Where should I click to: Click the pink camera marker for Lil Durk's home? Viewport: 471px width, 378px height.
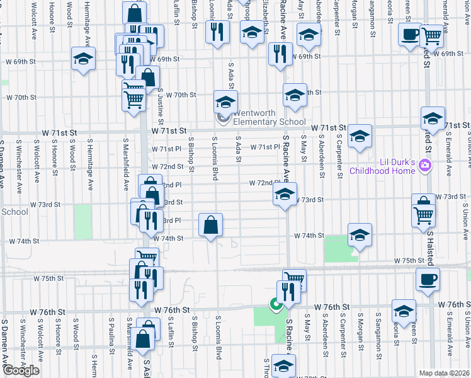point(426,166)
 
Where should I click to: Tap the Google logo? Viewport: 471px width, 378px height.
point(21,370)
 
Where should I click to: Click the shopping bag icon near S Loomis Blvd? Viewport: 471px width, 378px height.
point(211,225)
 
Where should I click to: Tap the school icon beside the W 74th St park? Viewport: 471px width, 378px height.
point(359,236)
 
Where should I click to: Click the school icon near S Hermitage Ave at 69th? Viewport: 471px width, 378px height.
point(82,59)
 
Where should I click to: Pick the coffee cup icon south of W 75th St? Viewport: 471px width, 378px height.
point(428,278)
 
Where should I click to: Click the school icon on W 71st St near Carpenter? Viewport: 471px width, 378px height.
point(360,136)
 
